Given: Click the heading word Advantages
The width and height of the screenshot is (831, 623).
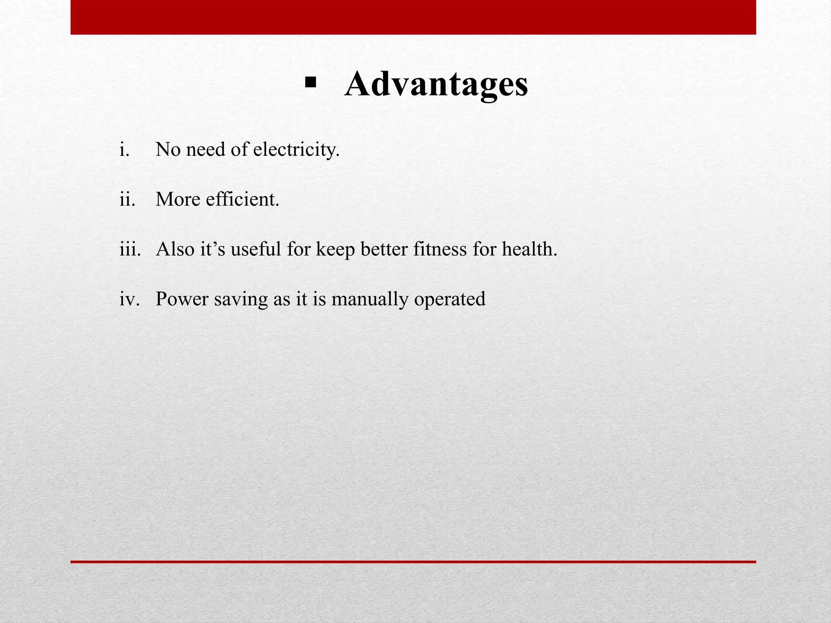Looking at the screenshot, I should click(436, 84).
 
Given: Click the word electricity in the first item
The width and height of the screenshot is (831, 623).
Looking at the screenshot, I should click(296, 150).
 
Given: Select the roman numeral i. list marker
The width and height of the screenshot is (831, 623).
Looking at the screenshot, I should click(125, 150).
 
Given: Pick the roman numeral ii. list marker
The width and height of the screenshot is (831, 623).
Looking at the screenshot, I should click(127, 200).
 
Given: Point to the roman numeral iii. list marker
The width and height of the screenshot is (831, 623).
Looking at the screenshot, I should click(130, 249).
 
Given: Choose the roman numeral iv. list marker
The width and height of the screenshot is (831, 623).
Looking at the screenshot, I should click(129, 299).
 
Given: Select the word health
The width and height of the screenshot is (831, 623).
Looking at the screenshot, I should click(530, 249).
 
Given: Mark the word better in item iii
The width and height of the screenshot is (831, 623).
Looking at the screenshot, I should click(384, 249).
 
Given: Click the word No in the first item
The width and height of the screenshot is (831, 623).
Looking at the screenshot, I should click(168, 150).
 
